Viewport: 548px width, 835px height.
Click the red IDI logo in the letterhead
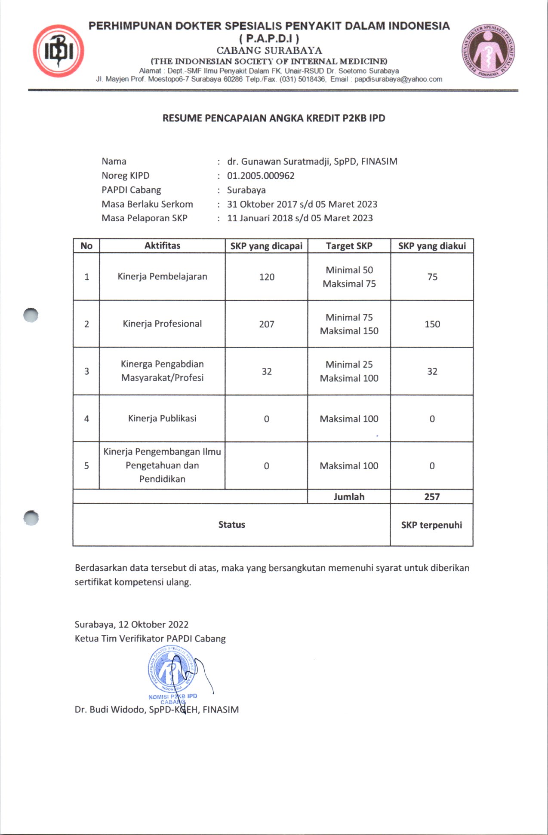[58, 51]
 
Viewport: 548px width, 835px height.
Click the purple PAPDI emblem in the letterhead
[489, 51]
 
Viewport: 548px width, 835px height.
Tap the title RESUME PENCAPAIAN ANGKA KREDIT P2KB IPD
[274, 118]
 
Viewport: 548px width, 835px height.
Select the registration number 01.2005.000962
[261, 176]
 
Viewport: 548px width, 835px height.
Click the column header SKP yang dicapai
[266, 246]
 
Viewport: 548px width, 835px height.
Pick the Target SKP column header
[349, 246]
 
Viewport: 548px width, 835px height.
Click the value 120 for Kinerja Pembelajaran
[267, 277]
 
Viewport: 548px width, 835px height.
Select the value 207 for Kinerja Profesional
[267, 324]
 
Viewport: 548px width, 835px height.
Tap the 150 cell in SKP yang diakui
[432, 324]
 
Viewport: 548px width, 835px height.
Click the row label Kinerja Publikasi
[162, 419]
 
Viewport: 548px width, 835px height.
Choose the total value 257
[432, 497]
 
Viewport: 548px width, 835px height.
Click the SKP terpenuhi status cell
[431, 525]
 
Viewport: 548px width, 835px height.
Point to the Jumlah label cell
[349, 497]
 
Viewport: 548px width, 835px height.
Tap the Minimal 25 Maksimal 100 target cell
[349, 371]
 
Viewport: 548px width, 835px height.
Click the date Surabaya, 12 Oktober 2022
[132, 624]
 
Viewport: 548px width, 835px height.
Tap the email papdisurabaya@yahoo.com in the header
[398, 80]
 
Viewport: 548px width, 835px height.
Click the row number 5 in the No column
[86, 466]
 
